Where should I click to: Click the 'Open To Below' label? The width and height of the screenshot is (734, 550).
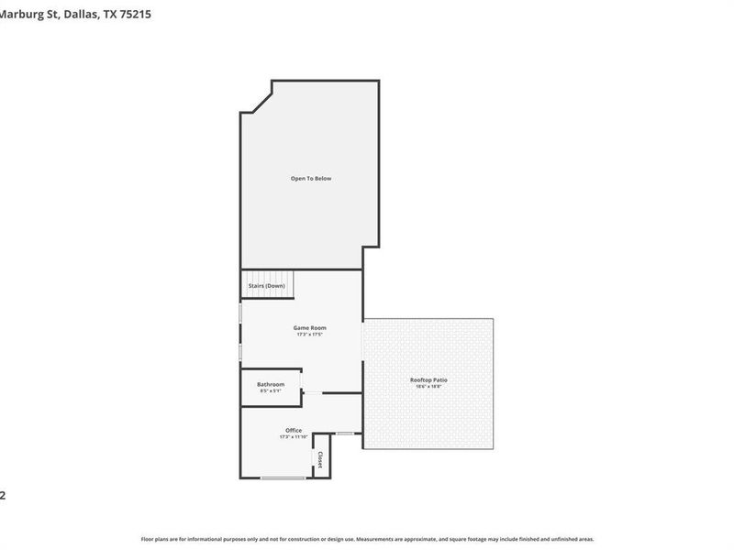[311, 178]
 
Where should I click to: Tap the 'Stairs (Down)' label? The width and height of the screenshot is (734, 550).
[267, 286]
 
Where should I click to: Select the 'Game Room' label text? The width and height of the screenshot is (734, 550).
[309, 327]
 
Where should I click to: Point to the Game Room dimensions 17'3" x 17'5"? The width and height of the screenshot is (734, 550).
[309, 335]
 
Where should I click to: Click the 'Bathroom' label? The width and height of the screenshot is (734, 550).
[270, 384]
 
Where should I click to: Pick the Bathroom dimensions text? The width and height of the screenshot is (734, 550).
[270, 391]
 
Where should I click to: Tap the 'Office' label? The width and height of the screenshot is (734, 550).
[293, 430]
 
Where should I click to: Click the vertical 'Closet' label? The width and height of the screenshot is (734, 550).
[320, 459]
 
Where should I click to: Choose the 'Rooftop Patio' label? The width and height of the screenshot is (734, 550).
[428, 379]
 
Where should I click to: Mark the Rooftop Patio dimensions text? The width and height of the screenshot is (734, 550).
[428, 387]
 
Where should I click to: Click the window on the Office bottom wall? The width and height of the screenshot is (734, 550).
[283, 478]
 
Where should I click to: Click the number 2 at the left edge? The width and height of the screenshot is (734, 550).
[3, 496]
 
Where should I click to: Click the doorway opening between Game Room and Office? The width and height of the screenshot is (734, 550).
[313, 393]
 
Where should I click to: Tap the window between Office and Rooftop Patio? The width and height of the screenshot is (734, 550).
[345, 433]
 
